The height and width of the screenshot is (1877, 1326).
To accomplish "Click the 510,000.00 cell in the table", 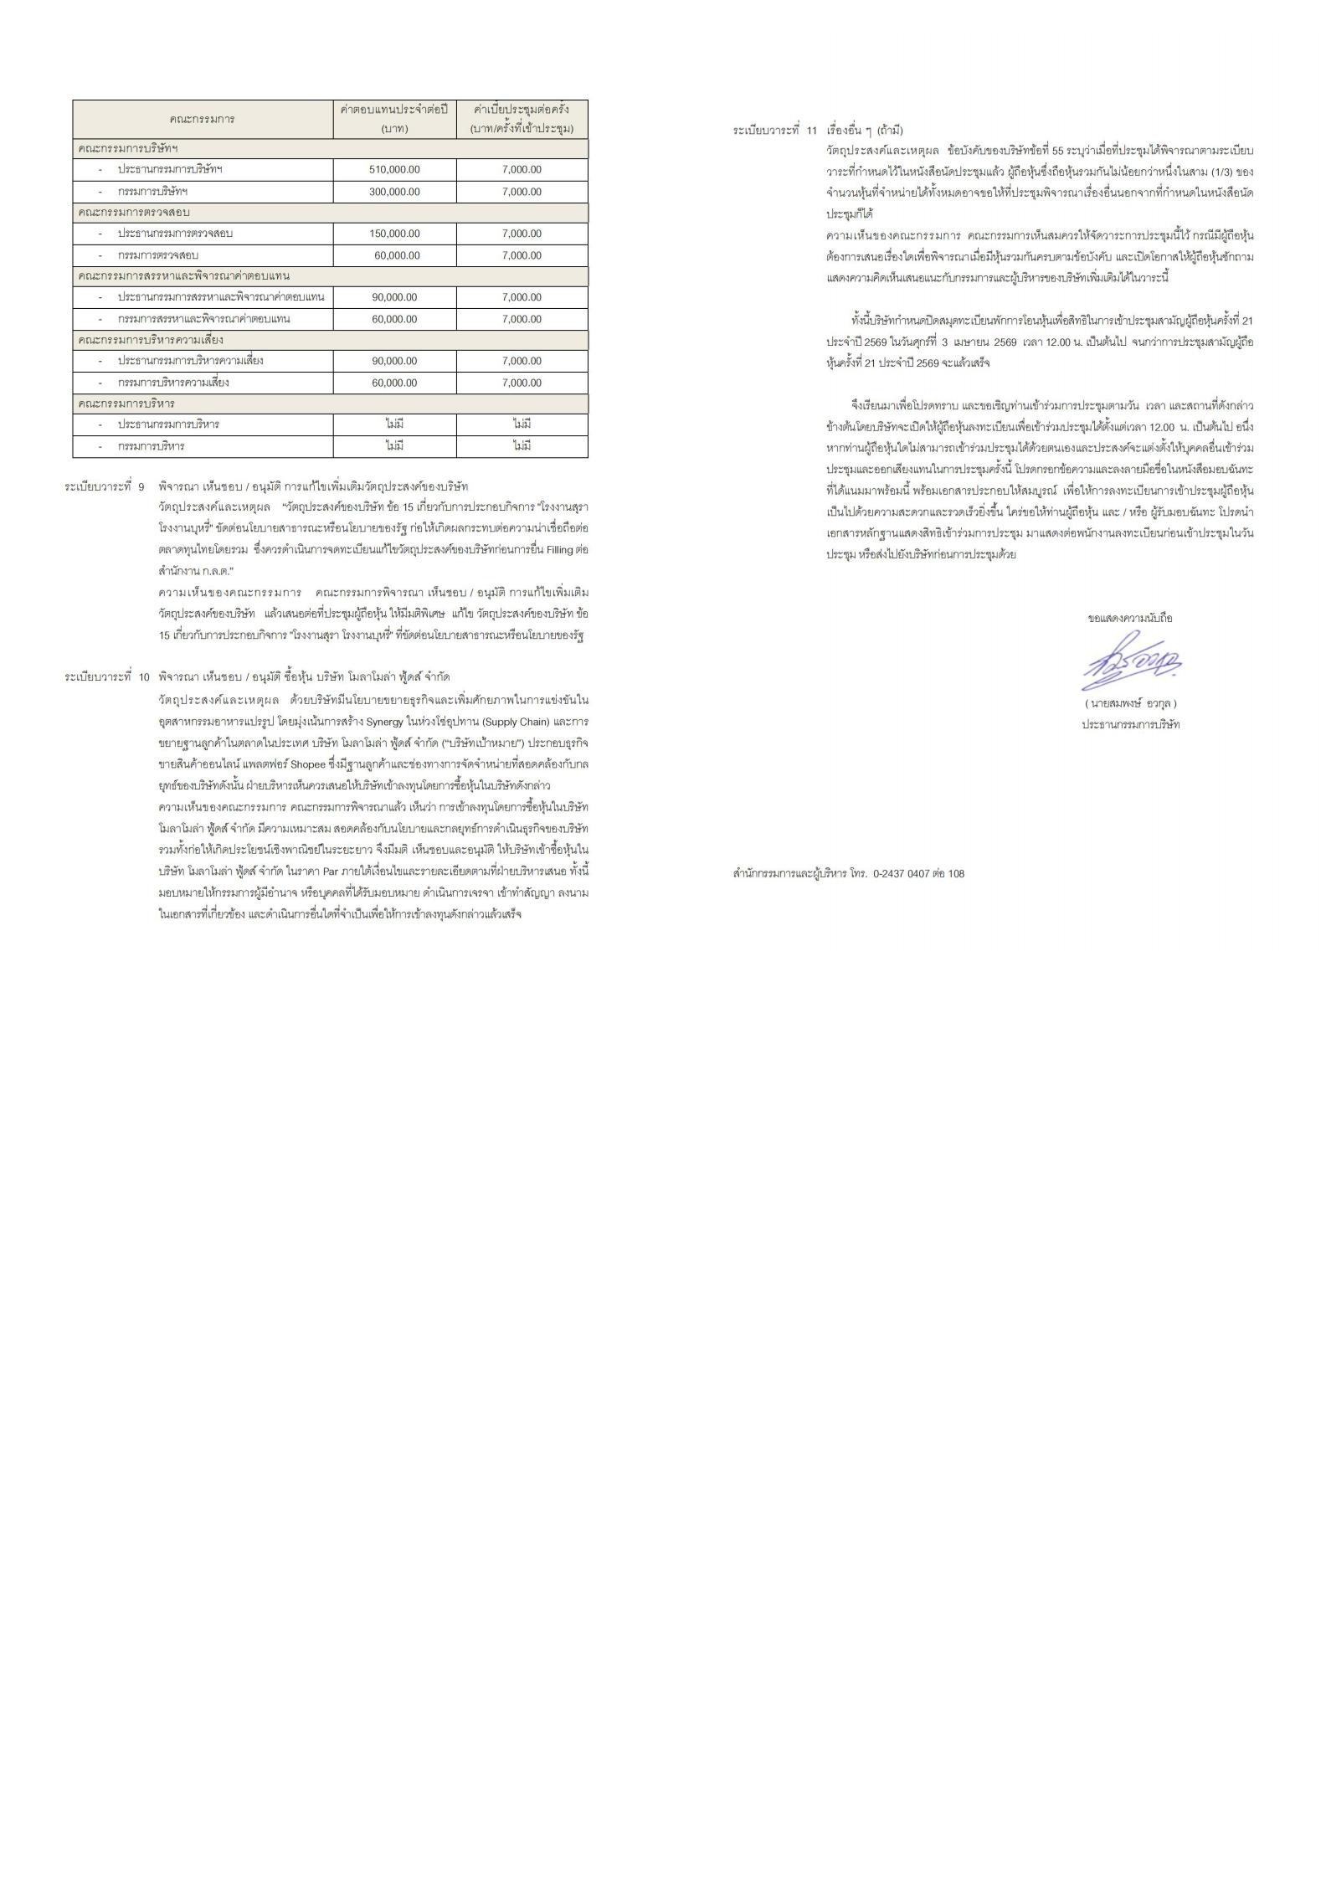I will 394,170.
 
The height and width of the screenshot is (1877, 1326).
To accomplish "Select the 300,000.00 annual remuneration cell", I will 394,192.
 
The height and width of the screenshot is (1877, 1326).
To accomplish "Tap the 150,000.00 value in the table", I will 394,234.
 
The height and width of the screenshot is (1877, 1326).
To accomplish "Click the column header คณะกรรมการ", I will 202,119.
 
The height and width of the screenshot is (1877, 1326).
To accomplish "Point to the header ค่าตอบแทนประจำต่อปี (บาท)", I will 394,119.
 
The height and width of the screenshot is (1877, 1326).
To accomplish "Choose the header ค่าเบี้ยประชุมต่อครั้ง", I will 522,110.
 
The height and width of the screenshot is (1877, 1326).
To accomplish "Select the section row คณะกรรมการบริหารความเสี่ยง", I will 151,340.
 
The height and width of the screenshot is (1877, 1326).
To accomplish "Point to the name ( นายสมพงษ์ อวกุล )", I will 1130,703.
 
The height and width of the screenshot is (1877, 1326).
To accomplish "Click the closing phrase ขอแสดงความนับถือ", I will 1130,618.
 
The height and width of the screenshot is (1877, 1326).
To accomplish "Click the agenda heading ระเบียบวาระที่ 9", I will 105,486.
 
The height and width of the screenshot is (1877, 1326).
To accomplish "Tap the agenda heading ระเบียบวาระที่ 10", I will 107,676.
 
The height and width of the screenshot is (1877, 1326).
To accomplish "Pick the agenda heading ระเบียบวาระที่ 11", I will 774,131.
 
